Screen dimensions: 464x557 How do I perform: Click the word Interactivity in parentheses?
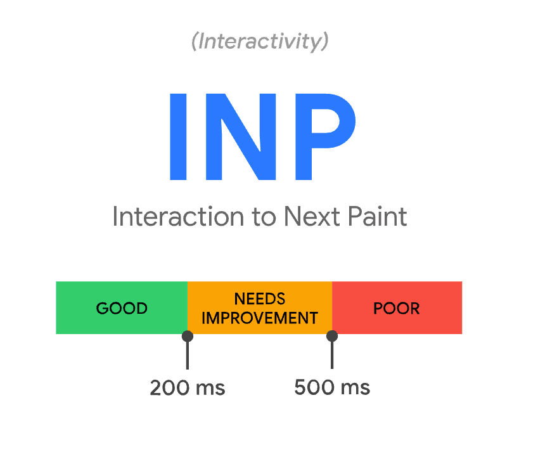click(260, 42)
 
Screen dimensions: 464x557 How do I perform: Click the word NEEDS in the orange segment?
click(260, 299)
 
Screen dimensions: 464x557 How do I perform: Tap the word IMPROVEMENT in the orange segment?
click(260, 318)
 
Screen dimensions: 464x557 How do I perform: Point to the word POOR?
click(397, 309)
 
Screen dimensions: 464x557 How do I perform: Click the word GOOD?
click(122, 309)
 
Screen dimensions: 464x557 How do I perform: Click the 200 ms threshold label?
click(188, 387)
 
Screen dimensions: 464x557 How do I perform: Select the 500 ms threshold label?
click(332, 387)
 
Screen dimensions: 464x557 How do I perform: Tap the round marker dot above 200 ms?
click(188, 336)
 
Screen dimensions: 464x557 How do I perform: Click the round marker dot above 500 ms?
click(332, 336)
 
